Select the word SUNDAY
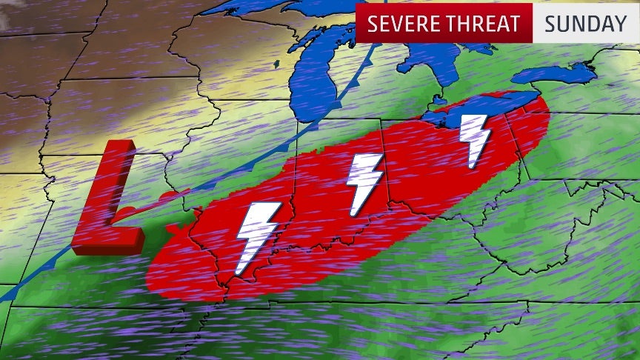[585, 23]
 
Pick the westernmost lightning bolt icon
[256, 236]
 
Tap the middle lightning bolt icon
[364, 182]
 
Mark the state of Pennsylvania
[585, 148]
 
